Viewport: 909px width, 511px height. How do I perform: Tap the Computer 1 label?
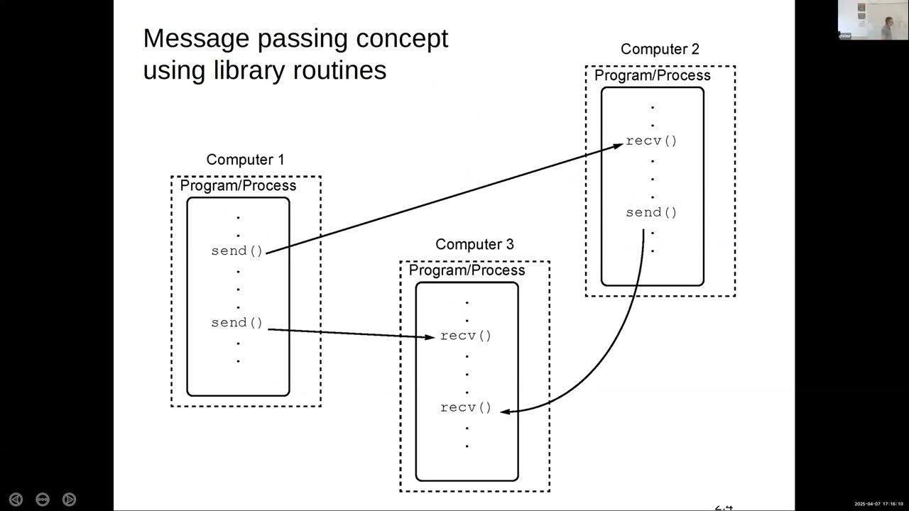(x=245, y=160)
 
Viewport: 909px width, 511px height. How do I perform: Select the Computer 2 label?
(x=660, y=49)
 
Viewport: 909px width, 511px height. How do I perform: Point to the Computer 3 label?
(x=474, y=244)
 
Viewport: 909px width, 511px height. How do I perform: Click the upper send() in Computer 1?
(x=237, y=251)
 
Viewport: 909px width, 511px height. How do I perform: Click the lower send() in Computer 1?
(x=237, y=322)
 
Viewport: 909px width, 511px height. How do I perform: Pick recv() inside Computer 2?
(x=651, y=141)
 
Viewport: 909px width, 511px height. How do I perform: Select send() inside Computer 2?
(x=651, y=212)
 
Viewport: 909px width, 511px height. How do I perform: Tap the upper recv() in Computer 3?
(x=466, y=336)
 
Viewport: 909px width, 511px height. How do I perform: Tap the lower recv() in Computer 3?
(x=466, y=407)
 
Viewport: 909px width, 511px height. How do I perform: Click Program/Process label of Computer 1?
(x=238, y=186)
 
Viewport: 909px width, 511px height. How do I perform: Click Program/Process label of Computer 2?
(x=652, y=75)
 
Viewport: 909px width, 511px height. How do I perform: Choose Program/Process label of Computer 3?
(x=467, y=270)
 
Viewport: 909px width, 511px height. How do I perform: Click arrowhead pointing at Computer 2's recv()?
(x=619, y=145)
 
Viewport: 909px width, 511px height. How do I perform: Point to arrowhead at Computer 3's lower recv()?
(x=505, y=410)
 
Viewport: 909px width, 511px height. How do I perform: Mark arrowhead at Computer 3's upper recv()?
(x=430, y=337)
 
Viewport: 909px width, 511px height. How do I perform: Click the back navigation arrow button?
(x=16, y=499)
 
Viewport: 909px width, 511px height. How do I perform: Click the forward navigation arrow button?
(x=69, y=499)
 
